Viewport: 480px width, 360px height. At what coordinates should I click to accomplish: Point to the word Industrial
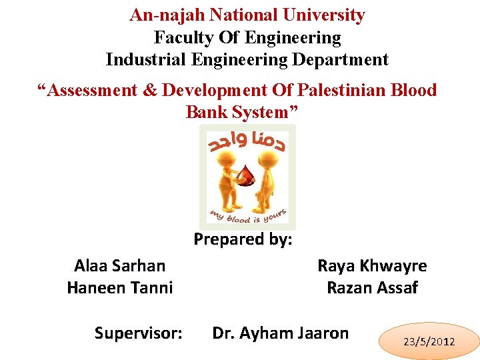(x=146, y=59)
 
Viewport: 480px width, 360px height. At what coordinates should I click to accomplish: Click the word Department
(x=339, y=59)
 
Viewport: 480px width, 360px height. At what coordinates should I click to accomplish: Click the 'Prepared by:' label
(x=243, y=239)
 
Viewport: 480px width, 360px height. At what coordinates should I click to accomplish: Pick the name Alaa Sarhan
(x=120, y=266)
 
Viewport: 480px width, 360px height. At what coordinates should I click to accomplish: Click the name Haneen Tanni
(x=120, y=287)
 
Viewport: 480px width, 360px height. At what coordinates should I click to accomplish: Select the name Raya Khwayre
(x=372, y=266)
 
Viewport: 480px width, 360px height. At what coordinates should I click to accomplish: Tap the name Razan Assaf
(x=372, y=287)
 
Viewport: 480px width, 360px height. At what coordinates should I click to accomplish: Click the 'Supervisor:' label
(x=139, y=333)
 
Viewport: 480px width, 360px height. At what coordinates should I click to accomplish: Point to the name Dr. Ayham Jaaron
(x=280, y=333)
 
